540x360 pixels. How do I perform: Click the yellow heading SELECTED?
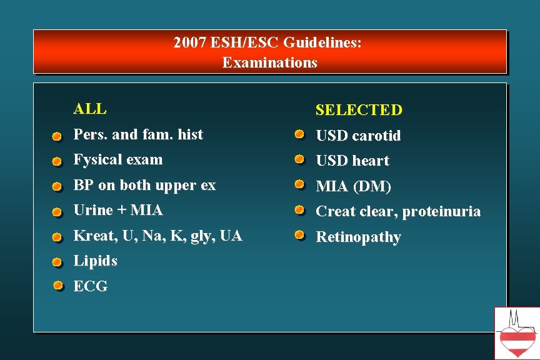[x=359, y=111]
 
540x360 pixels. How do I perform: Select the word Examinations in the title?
[x=269, y=62]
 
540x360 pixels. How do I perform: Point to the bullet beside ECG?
[x=57, y=286]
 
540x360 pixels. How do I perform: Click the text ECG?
[x=91, y=286]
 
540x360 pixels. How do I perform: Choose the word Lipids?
[x=95, y=261]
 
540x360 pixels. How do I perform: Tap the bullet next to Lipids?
[x=57, y=262]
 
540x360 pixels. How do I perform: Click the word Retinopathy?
[x=358, y=237]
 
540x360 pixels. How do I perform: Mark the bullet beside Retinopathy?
[x=299, y=236]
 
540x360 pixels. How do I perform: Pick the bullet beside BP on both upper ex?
[x=57, y=187]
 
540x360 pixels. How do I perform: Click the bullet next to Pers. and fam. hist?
[x=57, y=136]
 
